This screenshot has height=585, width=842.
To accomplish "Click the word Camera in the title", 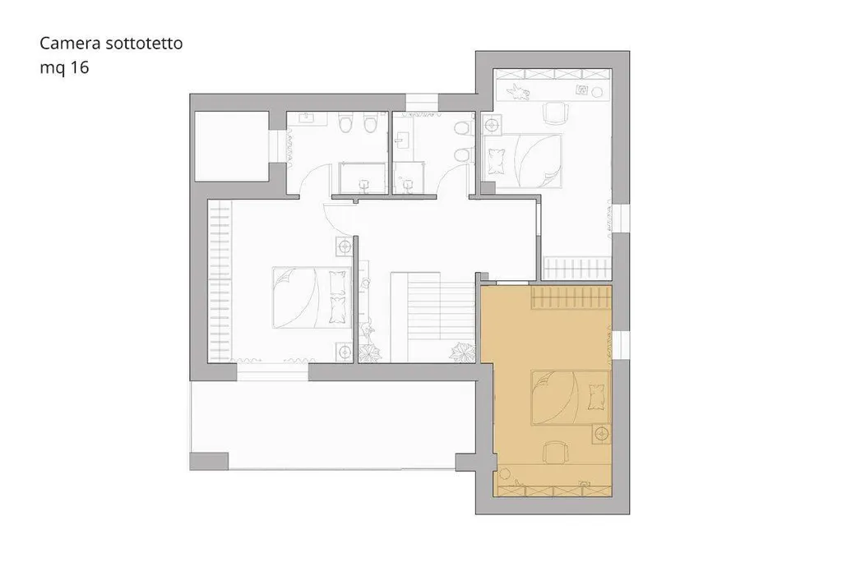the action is pyautogui.click(x=71, y=43).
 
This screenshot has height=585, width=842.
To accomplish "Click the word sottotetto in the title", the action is pyautogui.click(x=144, y=43).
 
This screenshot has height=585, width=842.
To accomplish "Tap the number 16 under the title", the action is pyautogui.click(x=79, y=67).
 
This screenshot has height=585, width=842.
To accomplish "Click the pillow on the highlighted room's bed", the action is pyautogui.click(x=597, y=397).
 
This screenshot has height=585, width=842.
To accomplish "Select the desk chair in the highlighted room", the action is pyautogui.click(x=555, y=453).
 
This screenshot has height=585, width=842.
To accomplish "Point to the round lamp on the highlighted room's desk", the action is pyautogui.click(x=505, y=474).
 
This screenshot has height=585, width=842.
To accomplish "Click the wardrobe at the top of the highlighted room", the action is pyautogui.click(x=571, y=298).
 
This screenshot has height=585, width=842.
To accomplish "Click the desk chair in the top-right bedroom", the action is pyautogui.click(x=556, y=113).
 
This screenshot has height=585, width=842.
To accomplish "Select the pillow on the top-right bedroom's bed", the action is pyautogui.click(x=496, y=161).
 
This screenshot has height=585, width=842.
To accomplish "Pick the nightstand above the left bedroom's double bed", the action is pyautogui.click(x=345, y=246).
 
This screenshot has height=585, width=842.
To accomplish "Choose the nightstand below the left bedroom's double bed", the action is pyautogui.click(x=345, y=352).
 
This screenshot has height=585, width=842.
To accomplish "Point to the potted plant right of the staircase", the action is pyautogui.click(x=464, y=352).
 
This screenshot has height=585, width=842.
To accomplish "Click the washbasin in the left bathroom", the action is pyautogui.click(x=308, y=117).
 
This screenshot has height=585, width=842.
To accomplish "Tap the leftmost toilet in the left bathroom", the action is pyautogui.click(x=345, y=123).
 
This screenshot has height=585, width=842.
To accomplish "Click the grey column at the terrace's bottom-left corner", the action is pyautogui.click(x=209, y=462).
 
